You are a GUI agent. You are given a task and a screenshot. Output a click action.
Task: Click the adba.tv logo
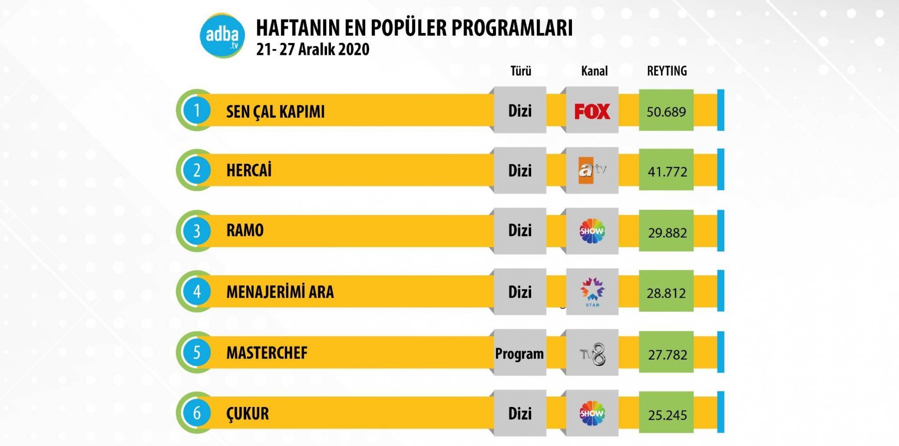coord(222,36)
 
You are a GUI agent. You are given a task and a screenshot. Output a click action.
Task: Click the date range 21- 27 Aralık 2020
coord(313,50)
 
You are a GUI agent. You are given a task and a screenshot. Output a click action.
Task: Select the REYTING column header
coord(667,71)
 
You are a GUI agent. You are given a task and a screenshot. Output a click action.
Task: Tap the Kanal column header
coord(594,71)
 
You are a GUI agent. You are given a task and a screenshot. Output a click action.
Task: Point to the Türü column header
coord(521,71)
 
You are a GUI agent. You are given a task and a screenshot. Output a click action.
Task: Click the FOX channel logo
coord(592,111)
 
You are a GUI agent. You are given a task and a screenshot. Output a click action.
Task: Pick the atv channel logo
coord(592,170)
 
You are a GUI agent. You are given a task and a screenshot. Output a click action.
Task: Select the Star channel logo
coord(592,291)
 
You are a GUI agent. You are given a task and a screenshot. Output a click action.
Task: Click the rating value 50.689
coord(666,112)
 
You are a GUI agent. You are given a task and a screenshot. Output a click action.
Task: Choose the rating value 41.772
coord(667,172)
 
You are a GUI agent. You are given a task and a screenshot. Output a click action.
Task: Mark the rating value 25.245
coord(667,415)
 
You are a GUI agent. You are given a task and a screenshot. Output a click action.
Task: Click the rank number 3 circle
coord(197,231)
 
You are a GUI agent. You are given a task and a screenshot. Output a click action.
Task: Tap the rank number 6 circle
coord(197,413)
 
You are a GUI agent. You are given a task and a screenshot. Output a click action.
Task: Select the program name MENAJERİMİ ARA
coord(280,292)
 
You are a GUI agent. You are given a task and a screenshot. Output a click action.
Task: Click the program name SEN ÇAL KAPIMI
coord(275,112)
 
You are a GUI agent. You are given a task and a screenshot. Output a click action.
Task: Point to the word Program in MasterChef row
coord(519,354)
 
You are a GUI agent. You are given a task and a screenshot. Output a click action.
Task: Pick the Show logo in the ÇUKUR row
coord(592,413)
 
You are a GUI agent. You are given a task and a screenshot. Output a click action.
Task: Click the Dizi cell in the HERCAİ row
coord(520,171)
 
